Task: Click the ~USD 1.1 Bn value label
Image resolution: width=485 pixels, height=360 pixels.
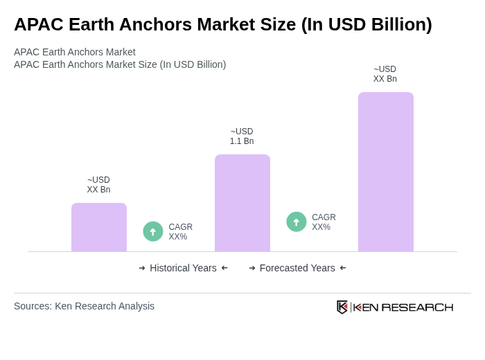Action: click(242, 136)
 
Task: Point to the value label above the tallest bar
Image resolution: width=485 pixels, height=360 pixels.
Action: click(385, 74)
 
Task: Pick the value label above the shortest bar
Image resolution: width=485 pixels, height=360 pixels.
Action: click(98, 185)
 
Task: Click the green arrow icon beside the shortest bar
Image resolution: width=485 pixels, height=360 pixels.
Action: click(153, 231)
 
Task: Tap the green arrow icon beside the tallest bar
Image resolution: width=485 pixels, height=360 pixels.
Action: click(297, 222)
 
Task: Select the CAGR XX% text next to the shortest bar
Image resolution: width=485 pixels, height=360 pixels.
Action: click(180, 232)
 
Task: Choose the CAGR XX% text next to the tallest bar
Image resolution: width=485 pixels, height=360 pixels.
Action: click(324, 222)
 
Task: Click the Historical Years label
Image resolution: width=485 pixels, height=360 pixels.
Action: click(183, 268)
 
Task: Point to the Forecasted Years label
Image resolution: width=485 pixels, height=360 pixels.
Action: click(297, 268)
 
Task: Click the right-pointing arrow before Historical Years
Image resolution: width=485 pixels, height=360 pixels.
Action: click(142, 268)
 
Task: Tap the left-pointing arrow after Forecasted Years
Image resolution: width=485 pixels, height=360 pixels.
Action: click(343, 268)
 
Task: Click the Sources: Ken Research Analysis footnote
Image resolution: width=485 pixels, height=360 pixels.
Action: click(84, 306)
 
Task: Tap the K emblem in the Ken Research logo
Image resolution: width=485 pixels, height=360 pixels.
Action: click(342, 307)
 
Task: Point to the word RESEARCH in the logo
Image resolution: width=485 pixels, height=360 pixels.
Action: click(417, 307)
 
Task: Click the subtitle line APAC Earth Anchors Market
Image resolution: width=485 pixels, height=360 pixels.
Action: click(75, 52)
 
